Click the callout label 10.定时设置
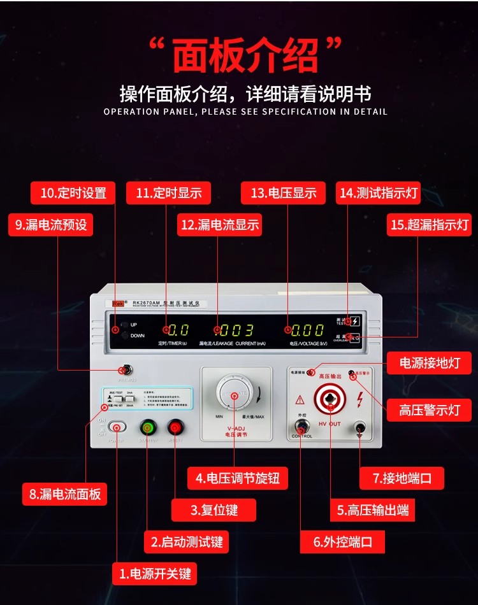(x=73, y=193)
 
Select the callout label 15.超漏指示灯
(x=429, y=225)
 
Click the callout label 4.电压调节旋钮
(x=233, y=478)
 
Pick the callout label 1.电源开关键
(x=154, y=573)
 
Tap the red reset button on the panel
(x=175, y=427)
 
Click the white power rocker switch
(x=117, y=427)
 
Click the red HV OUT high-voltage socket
(x=330, y=400)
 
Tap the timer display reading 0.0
(x=178, y=330)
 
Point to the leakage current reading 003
(x=236, y=330)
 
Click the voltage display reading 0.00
(x=308, y=330)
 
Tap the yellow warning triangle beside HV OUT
(x=300, y=400)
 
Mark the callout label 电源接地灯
(x=430, y=363)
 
